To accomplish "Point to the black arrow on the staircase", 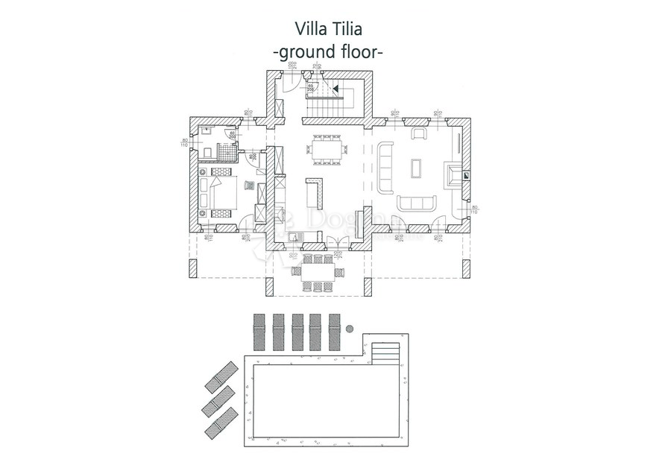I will click(x=335, y=89).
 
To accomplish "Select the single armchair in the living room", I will click(x=419, y=134).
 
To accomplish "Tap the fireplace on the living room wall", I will click(x=453, y=174).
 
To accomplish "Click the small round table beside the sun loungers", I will click(x=348, y=328).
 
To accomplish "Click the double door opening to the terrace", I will click(x=339, y=239).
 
